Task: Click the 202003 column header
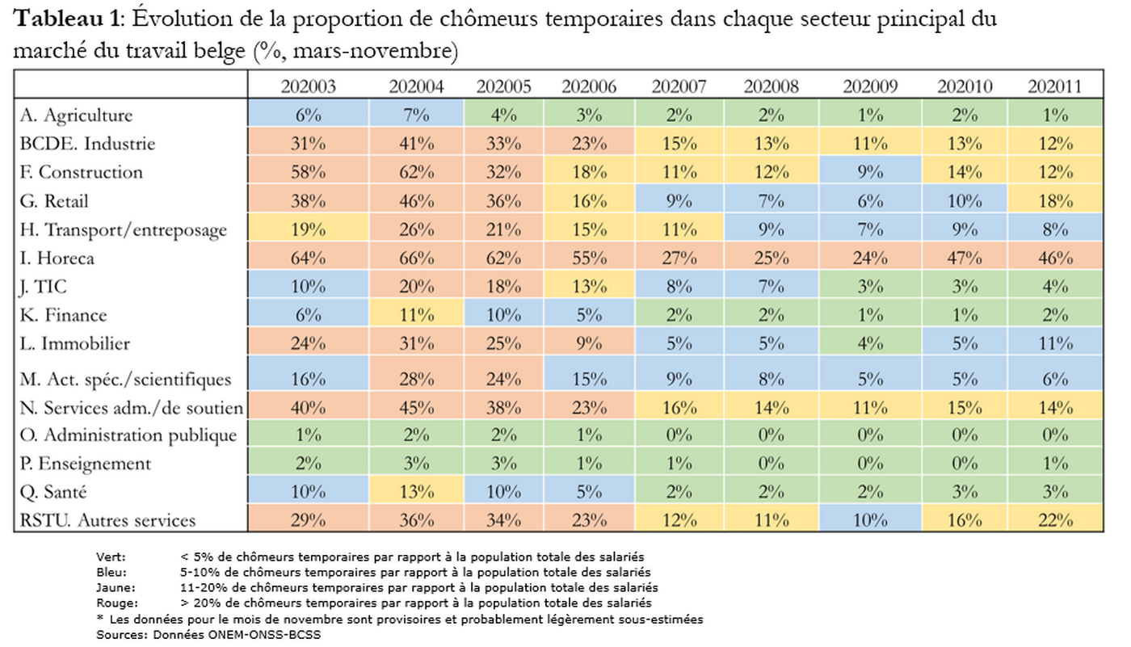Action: pos(308,86)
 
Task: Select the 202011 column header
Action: pos(1053,86)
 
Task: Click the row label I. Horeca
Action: pos(57,258)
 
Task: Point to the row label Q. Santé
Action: pos(53,492)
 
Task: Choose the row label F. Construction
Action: pos(81,172)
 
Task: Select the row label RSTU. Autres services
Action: pos(107,520)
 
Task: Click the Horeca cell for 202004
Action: pos(415,258)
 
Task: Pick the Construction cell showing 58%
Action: pos(308,172)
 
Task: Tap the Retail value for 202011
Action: pos(1053,201)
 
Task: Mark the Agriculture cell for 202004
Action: pos(415,116)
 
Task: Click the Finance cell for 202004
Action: pos(415,315)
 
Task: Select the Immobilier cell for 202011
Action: pos(1053,343)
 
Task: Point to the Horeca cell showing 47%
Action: pos(961,258)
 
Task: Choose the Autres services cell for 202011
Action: pos(1053,520)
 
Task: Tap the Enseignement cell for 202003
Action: pos(308,464)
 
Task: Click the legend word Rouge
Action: pos(112,603)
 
